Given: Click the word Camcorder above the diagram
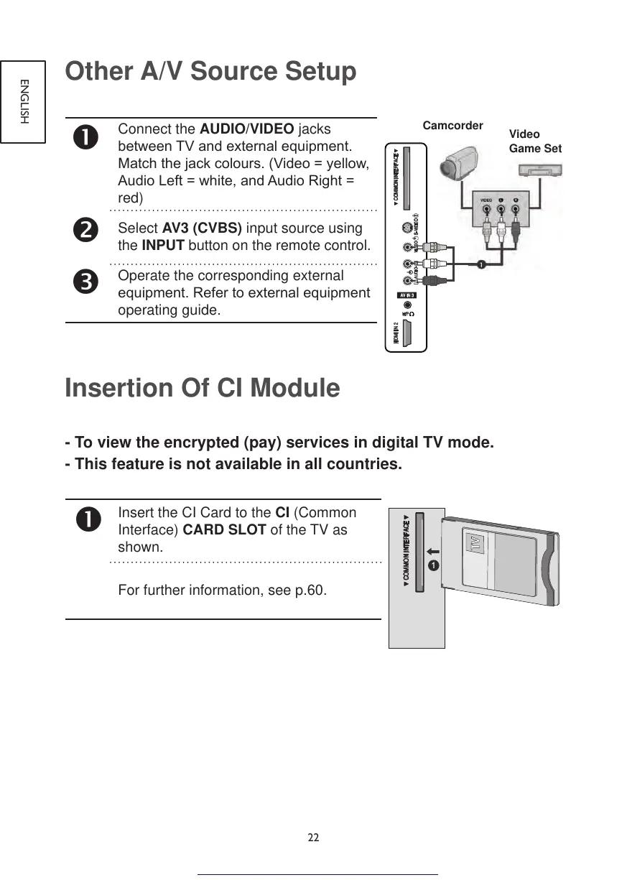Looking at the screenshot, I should pyautogui.click(x=452, y=126).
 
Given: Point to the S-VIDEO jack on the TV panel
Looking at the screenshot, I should pyautogui.click(x=408, y=228).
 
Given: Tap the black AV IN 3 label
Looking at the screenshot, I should pyautogui.click(x=407, y=295).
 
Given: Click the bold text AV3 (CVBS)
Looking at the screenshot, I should pyautogui.click(x=202, y=228).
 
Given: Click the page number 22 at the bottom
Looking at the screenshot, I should pyautogui.click(x=313, y=838).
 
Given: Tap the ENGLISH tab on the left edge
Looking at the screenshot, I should pyautogui.click(x=23, y=101).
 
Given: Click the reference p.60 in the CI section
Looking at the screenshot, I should pyautogui.click(x=310, y=590).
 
